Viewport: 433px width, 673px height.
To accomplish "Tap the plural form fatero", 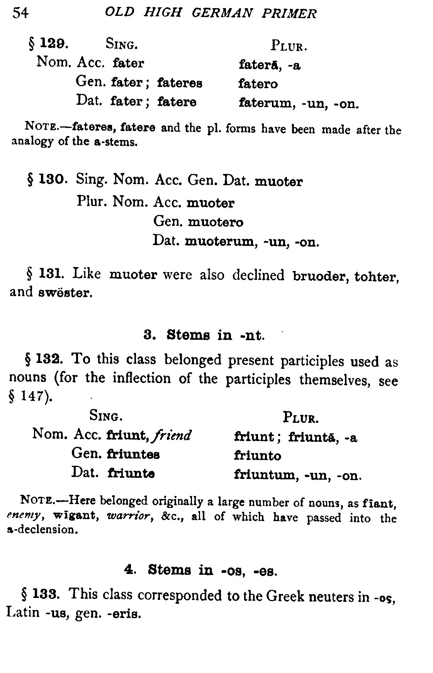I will point(258,83).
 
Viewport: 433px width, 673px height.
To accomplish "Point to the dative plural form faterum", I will point(266,103).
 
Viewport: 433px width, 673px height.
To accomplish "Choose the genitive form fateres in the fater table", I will point(180,83).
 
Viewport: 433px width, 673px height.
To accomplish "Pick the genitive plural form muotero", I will point(216,222).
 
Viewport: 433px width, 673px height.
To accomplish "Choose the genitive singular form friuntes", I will point(134,454).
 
